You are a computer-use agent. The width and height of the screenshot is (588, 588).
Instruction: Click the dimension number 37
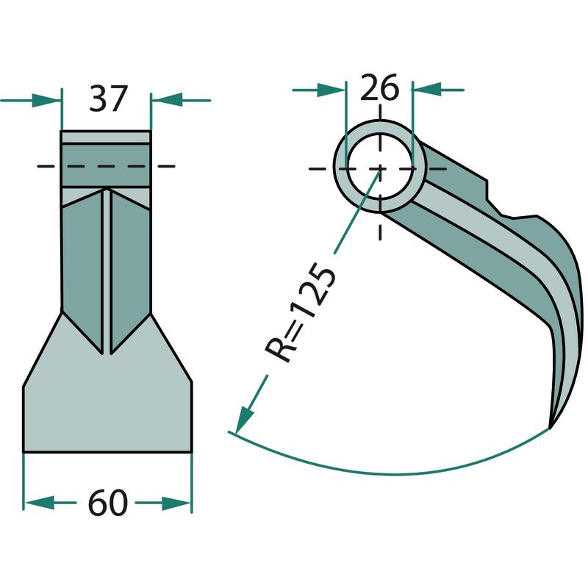[x=108, y=99]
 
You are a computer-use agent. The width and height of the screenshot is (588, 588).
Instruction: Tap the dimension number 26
[x=379, y=87]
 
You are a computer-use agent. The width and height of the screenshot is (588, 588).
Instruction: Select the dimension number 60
[x=107, y=503]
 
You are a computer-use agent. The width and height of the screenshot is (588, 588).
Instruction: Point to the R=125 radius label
[x=299, y=313]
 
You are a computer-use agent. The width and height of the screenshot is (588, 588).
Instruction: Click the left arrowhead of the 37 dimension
[x=46, y=101]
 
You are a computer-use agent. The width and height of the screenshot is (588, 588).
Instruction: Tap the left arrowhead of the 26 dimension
[x=331, y=90]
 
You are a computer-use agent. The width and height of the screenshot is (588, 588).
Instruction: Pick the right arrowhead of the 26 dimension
[x=426, y=90]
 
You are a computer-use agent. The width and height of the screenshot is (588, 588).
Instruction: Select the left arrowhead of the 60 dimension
[x=39, y=503]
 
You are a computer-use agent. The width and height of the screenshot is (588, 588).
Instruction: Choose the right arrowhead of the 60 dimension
[x=176, y=503]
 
